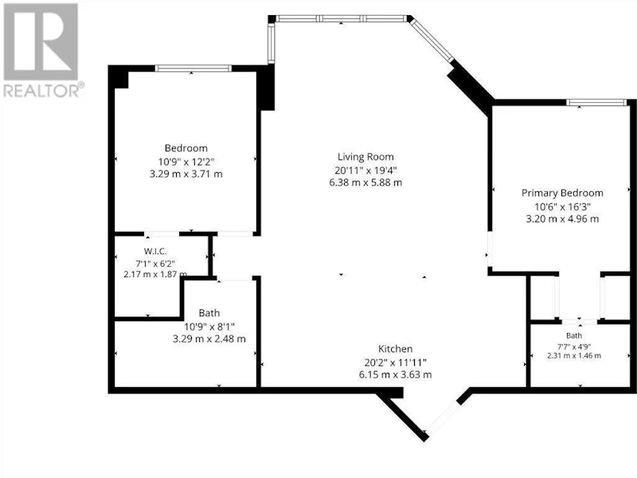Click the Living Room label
pos(365,157)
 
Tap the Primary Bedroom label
pos(562,193)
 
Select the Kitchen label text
pos(395,349)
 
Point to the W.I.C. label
pos(155,251)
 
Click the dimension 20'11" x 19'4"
pos(365,170)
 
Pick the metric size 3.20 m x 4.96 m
pos(562,218)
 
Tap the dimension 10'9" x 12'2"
pos(186,162)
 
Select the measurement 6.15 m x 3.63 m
pos(395,374)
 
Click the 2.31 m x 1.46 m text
pos(574,355)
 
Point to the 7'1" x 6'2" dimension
pos(155,264)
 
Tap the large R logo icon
pos(41,41)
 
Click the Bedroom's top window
pos(193,69)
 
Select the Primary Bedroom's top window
pos(596,103)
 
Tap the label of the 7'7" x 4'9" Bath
pos(574,335)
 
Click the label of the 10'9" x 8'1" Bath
pos(209,313)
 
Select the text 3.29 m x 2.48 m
pos(209,339)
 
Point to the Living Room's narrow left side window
pos(272,43)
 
